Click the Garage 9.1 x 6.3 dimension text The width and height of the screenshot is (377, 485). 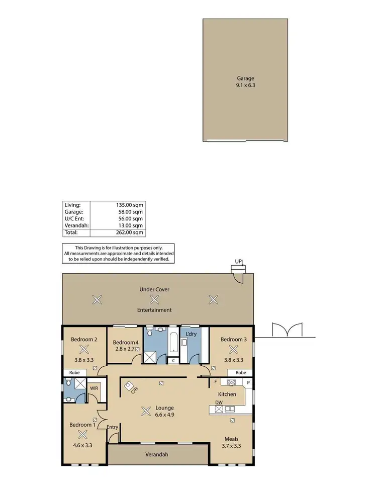246,85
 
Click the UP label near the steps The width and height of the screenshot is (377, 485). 238,261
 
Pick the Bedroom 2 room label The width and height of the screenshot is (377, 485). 84,339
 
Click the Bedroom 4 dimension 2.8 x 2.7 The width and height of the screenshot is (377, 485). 125,348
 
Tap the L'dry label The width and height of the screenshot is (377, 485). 191,334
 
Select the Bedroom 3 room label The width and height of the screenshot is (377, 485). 234,339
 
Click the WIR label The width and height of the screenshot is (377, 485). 94,388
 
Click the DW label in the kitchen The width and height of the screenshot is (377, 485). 219,402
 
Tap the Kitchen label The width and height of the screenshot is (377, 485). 227,394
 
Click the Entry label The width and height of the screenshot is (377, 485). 113,427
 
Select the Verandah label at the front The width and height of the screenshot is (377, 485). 158,454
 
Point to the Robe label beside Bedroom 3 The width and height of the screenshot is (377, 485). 241,372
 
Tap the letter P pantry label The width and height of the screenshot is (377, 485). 248,382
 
